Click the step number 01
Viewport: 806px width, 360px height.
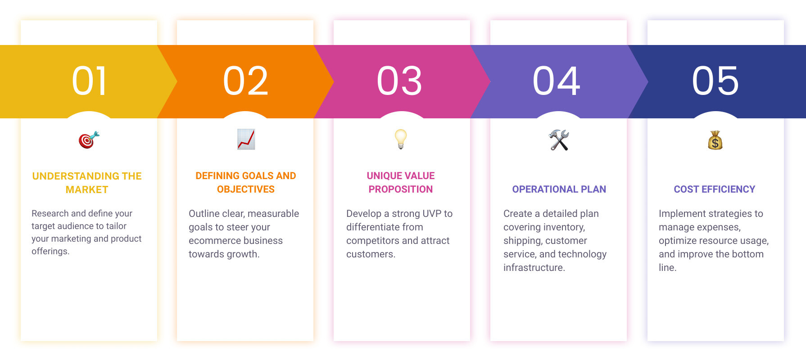[x=90, y=81]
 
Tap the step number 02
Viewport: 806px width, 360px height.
[x=246, y=81]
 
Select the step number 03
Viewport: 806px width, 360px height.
[x=400, y=81]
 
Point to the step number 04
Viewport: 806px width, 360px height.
[x=557, y=81]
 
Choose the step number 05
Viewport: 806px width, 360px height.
[x=715, y=81]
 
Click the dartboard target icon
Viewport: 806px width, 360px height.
[x=89, y=140]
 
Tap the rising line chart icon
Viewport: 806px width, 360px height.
[x=246, y=139]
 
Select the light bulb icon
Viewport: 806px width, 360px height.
[x=401, y=139]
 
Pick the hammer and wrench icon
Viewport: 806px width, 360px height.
[x=559, y=140]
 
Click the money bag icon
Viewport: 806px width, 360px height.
[x=715, y=140]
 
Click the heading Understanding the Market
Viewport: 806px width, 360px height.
[x=87, y=183]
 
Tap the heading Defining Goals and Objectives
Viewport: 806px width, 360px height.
[x=246, y=182]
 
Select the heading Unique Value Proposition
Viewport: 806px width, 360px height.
[x=401, y=182]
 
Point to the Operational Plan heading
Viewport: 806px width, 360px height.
[x=559, y=189]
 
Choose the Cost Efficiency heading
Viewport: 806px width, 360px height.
[x=715, y=189]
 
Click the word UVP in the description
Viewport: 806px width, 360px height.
[x=431, y=213]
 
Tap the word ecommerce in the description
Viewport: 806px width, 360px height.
[x=214, y=240]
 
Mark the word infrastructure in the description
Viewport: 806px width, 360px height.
[x=534, y=267]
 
